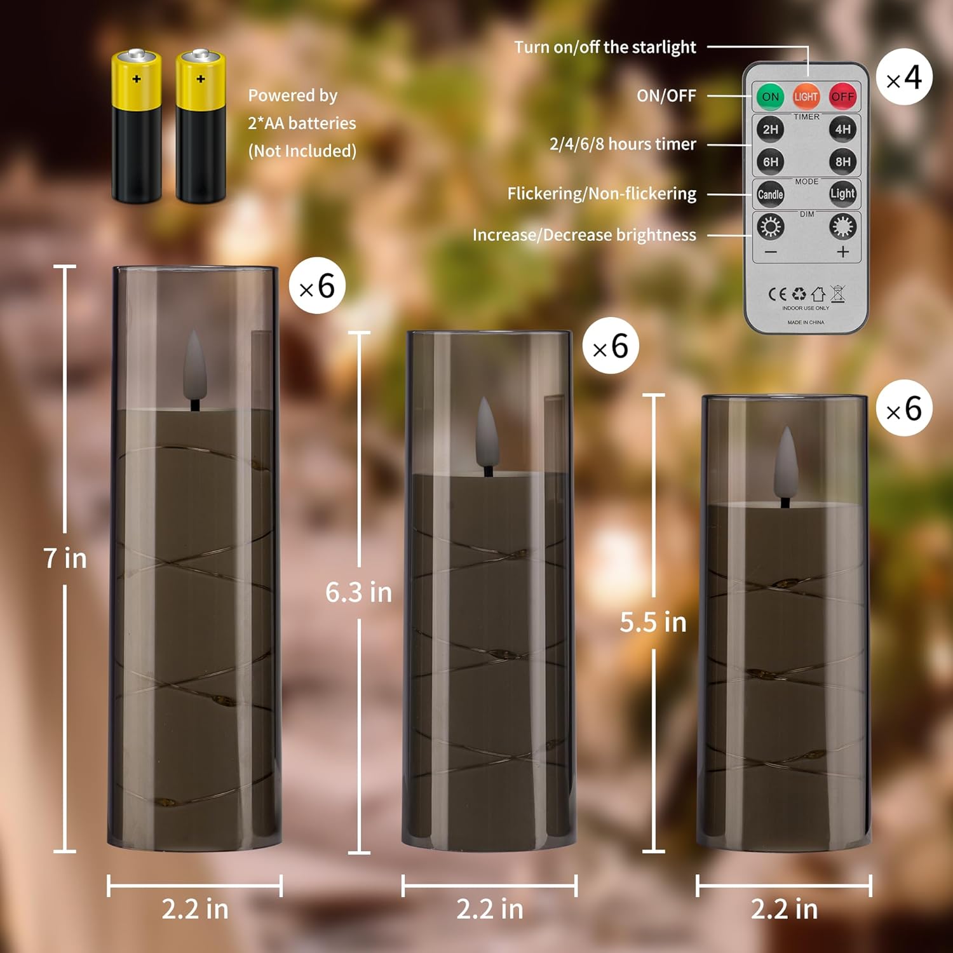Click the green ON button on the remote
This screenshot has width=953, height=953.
[x=770, y=97]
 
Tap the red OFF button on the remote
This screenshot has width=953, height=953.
[x=842, y=97]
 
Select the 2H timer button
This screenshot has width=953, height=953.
[x=770, y=129]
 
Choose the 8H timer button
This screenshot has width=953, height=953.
[x=842, y=161]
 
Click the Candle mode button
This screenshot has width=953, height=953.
[x=770, y=194]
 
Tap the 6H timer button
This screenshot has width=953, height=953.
[x=770, y=161]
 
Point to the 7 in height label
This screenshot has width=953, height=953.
[x=65, y=558]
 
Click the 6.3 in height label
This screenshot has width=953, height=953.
[x=358, y=592]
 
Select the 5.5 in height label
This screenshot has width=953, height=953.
[x=653, y=622]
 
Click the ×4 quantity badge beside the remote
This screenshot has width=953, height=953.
[x=904, y=78]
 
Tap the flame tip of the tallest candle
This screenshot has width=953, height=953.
[x=194, y=337]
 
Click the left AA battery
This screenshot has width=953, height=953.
[x=136, y=127]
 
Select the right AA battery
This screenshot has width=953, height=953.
[x=200, y=127]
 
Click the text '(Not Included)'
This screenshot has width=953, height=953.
[x=302, y=151]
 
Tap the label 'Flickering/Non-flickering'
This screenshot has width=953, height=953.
[x=601, y=193]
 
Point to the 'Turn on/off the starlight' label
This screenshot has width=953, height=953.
[x=605, y=47]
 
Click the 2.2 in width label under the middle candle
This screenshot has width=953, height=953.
[x=489, y=909]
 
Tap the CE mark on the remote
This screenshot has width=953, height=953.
[x=777, y=294]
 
